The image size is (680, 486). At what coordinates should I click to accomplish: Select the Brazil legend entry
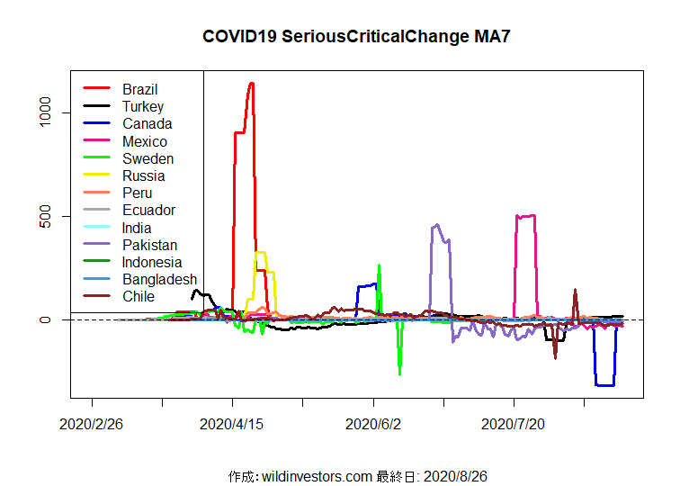[x=139, y=89]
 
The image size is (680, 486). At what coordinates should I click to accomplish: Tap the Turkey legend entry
[x=143, y=106]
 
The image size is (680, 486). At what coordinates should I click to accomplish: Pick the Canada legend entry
[x=147, y=123]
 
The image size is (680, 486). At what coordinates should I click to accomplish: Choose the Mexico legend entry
[x=144, y=141]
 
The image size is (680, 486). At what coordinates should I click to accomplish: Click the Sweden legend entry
[x=148, y=158]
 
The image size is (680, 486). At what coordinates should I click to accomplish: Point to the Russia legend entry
[x=143, y=175]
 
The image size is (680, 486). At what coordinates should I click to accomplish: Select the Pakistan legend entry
[x=149, y=245]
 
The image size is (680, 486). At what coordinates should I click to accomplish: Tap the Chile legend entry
[x=139, y=296]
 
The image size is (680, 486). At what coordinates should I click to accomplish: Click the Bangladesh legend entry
[x=159, y=279]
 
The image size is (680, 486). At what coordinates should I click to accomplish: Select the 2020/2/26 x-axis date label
[x=92, y=423]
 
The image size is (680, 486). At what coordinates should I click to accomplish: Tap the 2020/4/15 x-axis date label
[x=233, y=423]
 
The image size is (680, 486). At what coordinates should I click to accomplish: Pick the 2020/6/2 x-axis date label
[x=373, y=423]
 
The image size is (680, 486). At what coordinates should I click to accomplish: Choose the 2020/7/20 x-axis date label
[x=514, y=423]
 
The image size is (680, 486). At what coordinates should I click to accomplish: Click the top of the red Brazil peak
[x=251, y=84]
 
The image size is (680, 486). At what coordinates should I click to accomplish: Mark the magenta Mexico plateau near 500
[x=525, y=216]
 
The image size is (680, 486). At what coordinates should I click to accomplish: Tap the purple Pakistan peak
[x=437, y=225]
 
